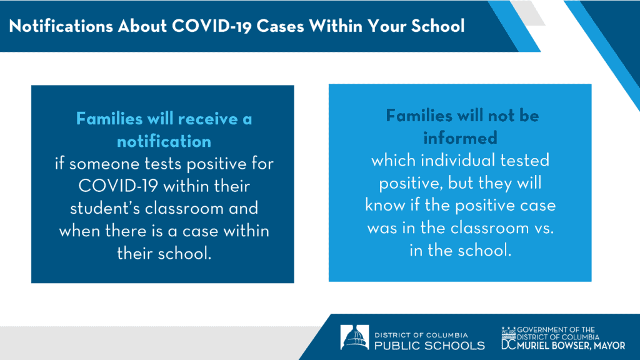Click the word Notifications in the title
point(61,26)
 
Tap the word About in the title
point(142,26)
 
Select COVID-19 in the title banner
point(211,26)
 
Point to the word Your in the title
point(386,26)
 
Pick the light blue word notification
point(164,142)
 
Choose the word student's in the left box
point(105,209)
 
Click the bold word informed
point(460,138)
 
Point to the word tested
point(525,161)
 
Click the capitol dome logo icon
point(355,337)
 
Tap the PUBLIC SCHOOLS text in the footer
point(429,346)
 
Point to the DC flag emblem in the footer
point(509,338)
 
